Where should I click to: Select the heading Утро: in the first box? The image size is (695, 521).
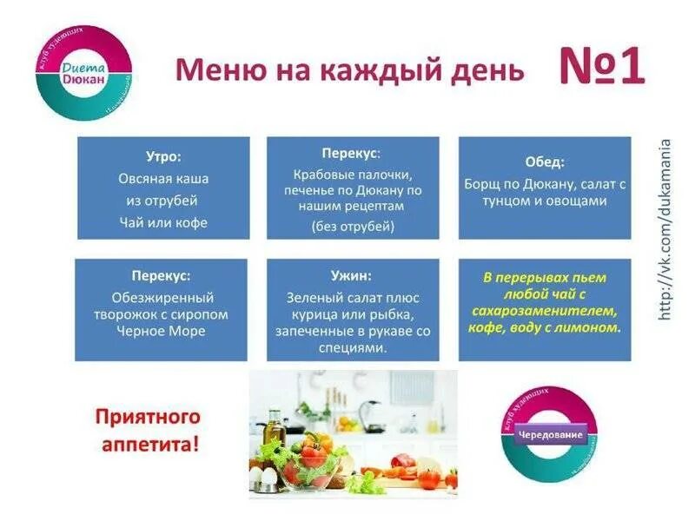click(163, 157)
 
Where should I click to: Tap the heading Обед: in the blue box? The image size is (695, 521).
click(545, 162)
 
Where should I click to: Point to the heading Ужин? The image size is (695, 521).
click(352, 275)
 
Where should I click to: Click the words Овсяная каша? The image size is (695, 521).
click(163, 179)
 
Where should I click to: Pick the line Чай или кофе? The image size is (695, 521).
click(163, 222)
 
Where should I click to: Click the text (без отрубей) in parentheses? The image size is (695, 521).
click(353, 227)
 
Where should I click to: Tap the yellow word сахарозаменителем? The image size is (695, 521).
click(545, 311)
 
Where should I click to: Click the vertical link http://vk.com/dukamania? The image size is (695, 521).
click(665, 229)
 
